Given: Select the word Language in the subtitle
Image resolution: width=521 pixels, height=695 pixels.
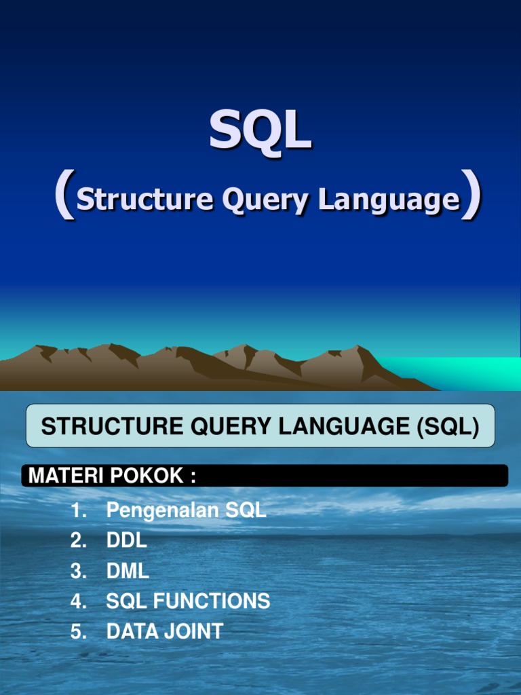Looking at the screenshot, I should [x=389, y=201].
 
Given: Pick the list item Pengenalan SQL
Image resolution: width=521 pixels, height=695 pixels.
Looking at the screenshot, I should [x=186, y=511].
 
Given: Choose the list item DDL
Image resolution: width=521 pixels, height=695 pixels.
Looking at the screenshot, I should [x=126, y=541].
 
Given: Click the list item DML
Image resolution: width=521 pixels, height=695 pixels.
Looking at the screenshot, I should [x=128, y=571].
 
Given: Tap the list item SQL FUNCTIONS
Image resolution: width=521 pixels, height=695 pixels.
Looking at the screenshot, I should [x=188, y=601].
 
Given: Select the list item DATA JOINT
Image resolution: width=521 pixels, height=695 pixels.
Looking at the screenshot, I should [x=164, y=632].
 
